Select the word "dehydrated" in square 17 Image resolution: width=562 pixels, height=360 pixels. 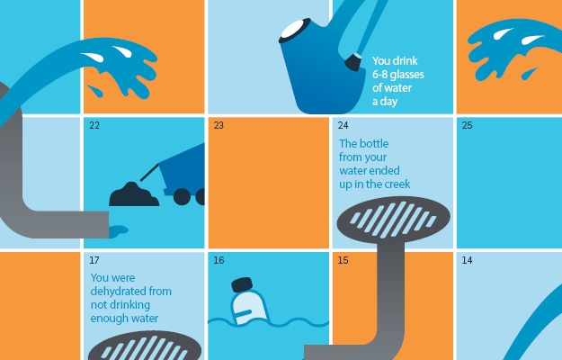click(x=118, y=292)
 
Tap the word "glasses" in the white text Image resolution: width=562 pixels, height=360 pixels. click(x=406, y=75)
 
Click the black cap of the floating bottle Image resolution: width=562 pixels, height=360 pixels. click(x=242, y=284)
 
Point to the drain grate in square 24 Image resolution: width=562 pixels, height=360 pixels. click(x=394, y=219)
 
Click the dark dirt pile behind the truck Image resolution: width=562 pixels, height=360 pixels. click(x=134, y=195)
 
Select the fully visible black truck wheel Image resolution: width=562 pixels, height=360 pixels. click(x=182, y=196)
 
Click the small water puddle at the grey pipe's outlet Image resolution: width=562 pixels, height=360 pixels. click(x=118, y=231)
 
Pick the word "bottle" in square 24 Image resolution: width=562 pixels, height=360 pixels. click(x=373, y=143)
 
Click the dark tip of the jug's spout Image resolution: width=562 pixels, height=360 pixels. click(x=352, y=62)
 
